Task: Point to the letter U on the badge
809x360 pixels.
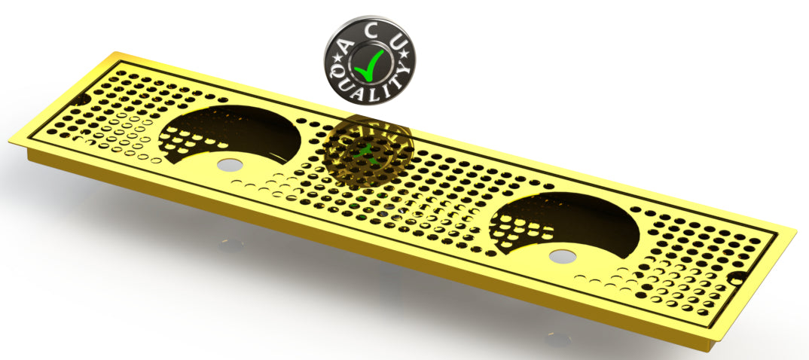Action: tap(394, 44)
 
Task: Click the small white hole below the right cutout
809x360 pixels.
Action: tap(560, 257)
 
